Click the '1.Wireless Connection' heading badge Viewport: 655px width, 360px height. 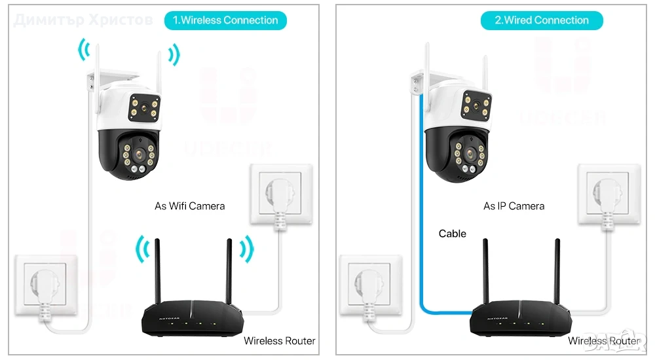[225, 20]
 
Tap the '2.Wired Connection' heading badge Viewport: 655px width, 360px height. [542, 20]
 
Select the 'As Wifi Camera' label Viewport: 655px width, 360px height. [189, 206]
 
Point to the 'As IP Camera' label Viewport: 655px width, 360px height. [514, 206]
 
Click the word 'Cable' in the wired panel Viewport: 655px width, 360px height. [453, 234]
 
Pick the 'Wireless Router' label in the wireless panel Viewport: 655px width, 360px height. [279, 341]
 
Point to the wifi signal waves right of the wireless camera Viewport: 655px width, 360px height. [174, 55]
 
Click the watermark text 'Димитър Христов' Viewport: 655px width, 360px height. [83, 20]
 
